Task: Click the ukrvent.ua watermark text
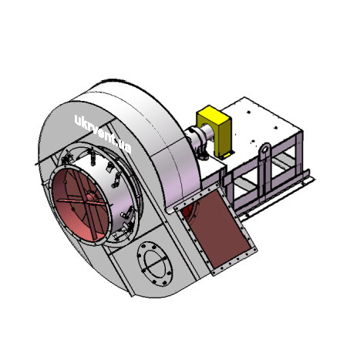tap(103, 133)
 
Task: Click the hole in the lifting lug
tap(265, 149)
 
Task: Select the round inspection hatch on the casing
tap(155, 264)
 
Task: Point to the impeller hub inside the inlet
tap(90, 197)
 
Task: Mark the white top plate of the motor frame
tap(257, 123)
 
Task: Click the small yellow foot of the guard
tap(227, 154)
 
